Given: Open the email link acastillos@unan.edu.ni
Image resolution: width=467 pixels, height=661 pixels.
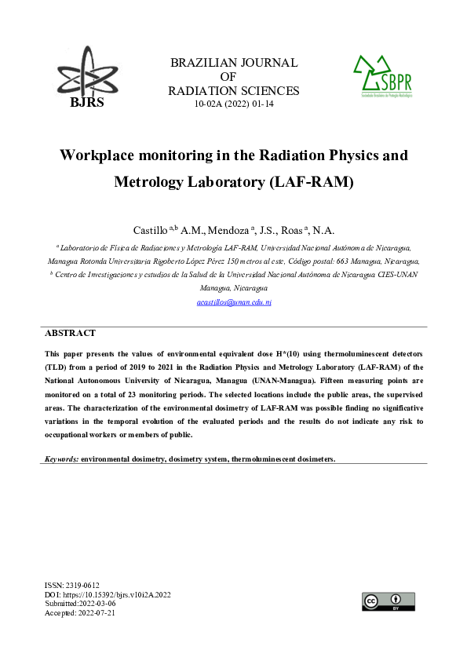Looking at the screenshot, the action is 233,301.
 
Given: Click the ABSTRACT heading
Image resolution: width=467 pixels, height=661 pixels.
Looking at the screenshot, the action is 70,333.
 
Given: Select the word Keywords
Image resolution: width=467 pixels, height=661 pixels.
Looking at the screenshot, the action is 61,458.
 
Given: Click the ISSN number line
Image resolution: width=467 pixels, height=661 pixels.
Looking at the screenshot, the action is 72,586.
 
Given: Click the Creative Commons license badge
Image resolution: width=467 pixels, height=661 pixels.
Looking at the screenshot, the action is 388,601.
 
